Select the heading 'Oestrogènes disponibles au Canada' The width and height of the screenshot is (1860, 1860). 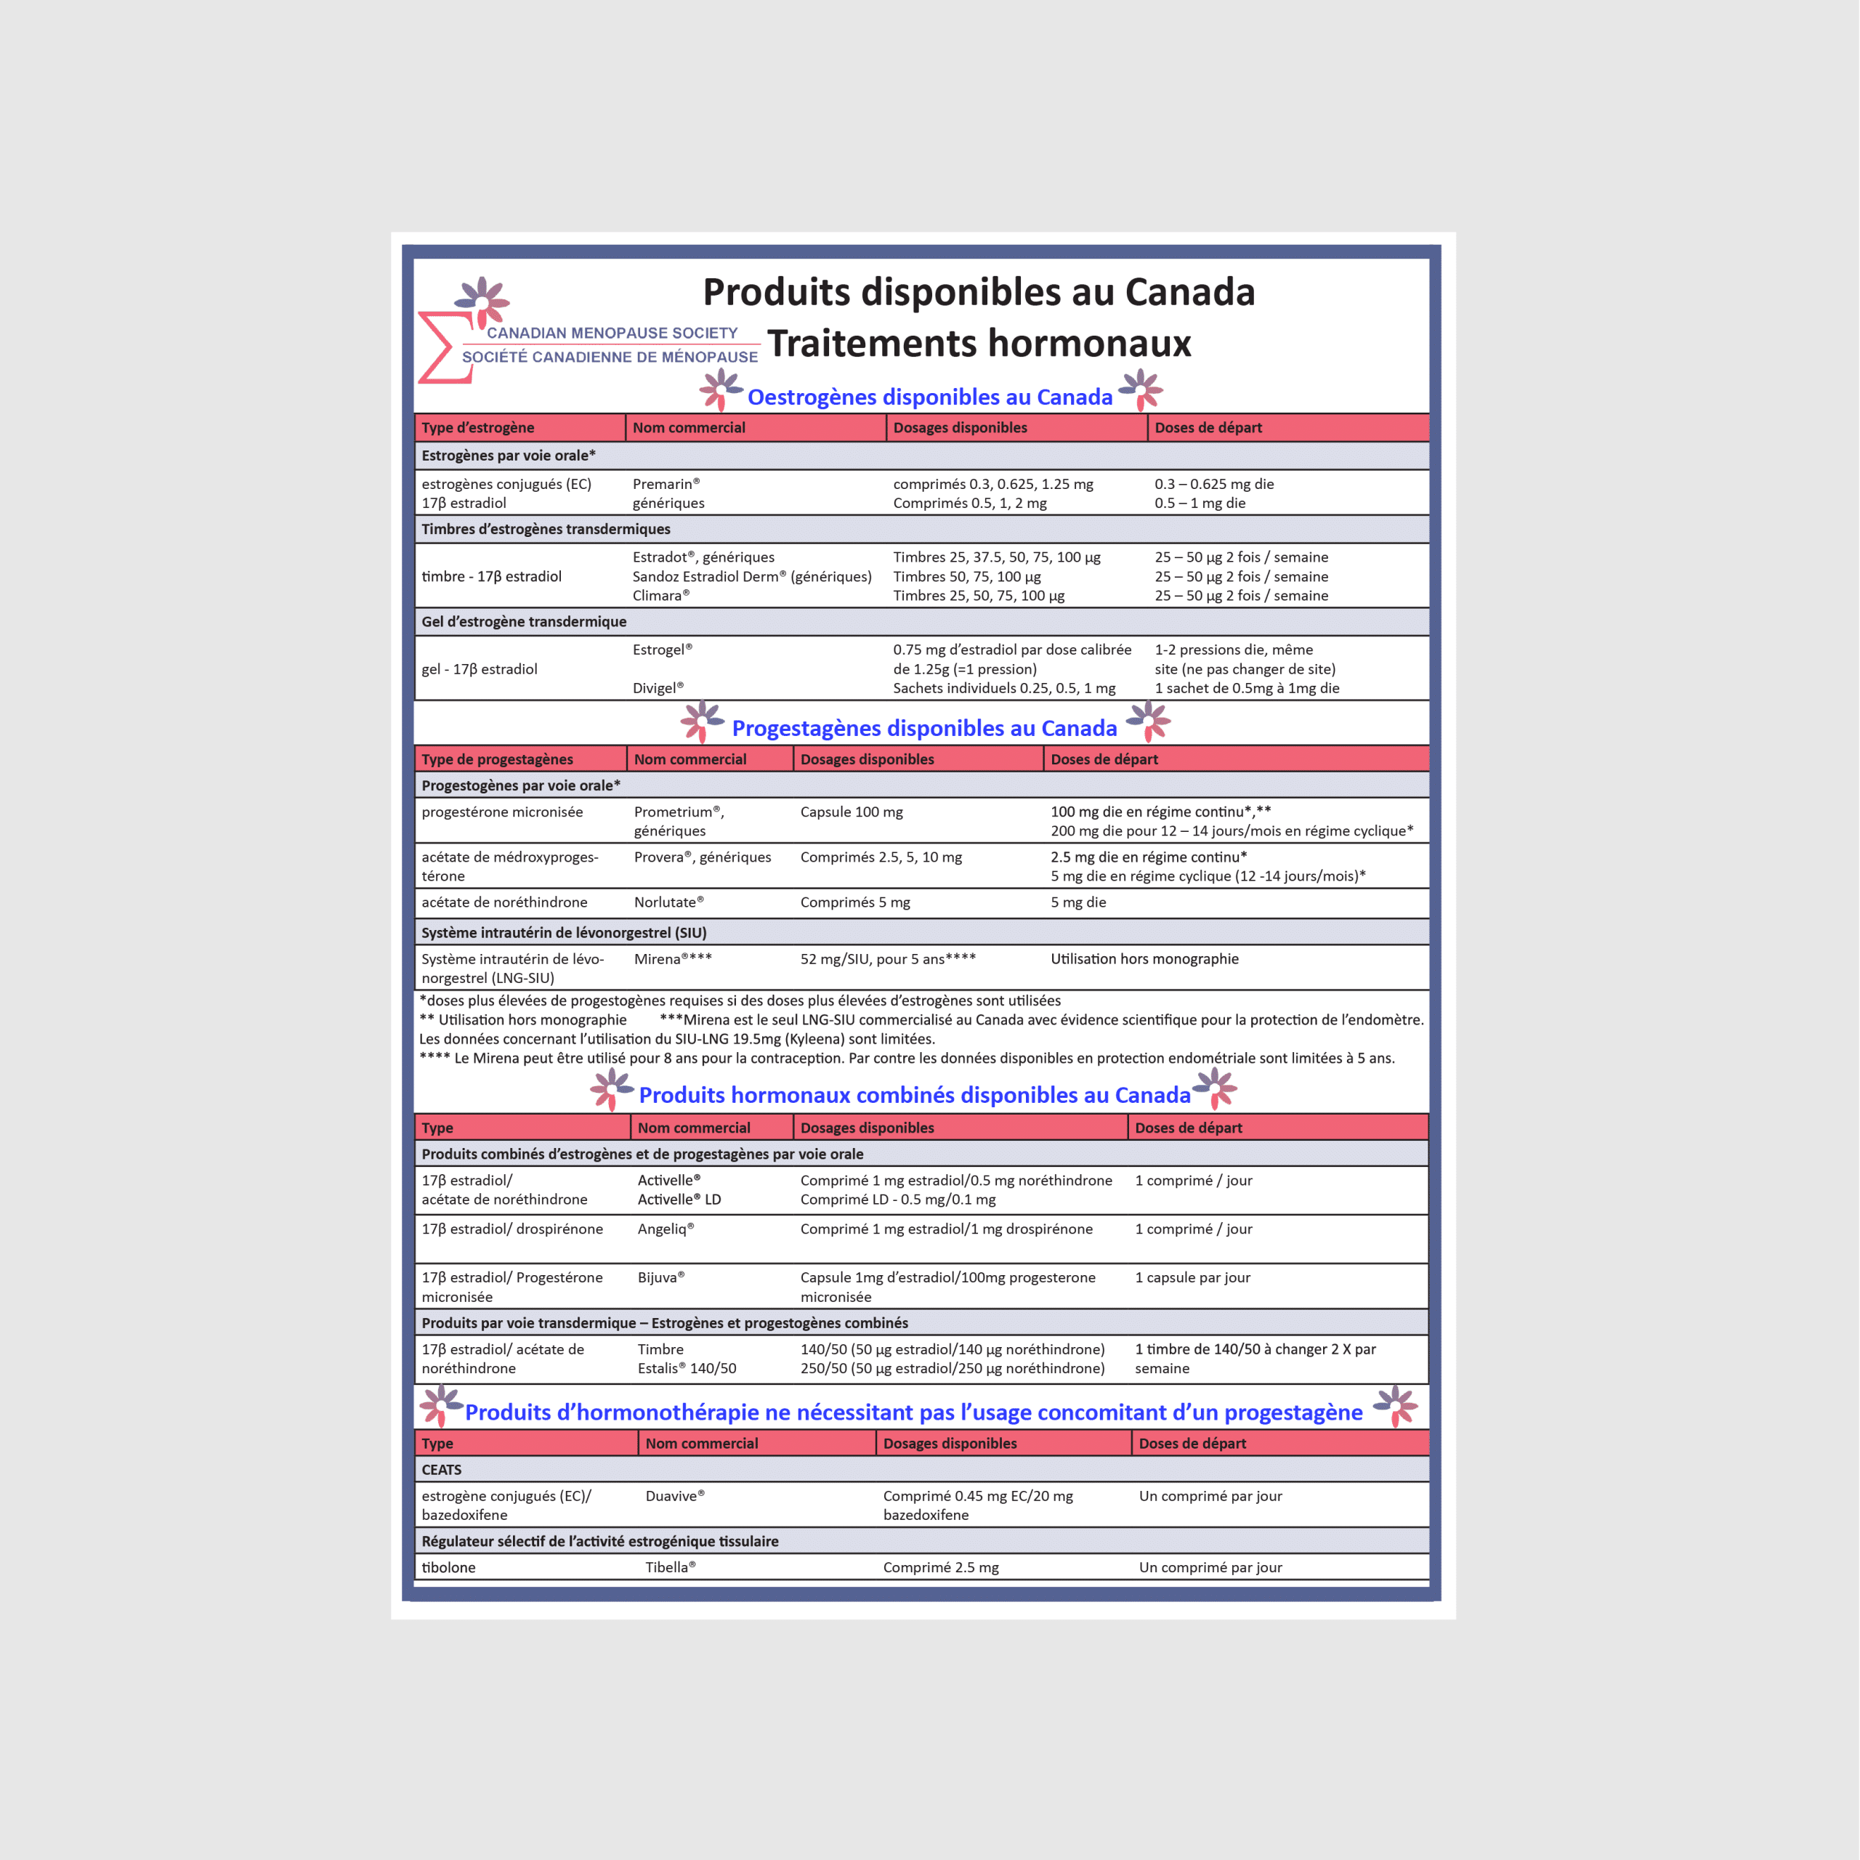929,397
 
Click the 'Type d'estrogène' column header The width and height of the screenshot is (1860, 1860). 477,427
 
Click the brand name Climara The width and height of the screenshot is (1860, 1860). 660,596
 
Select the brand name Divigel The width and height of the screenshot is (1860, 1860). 658,688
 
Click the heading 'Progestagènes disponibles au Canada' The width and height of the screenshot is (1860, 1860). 924,728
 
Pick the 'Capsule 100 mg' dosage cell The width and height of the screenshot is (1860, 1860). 851,812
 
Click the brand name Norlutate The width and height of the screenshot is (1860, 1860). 668,903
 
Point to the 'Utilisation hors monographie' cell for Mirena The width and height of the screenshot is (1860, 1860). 1144,959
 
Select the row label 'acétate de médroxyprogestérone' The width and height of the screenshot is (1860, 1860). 509,867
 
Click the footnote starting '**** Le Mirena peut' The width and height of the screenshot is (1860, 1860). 906,1058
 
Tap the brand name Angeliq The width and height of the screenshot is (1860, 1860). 664,1229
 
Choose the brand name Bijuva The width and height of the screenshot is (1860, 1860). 660,1277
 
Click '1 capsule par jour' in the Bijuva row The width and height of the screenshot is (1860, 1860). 1192,1277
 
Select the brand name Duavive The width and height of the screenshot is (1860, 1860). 674,1496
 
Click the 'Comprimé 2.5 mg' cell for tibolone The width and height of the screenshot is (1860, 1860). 941,1567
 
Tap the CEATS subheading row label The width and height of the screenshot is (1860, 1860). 442,1470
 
